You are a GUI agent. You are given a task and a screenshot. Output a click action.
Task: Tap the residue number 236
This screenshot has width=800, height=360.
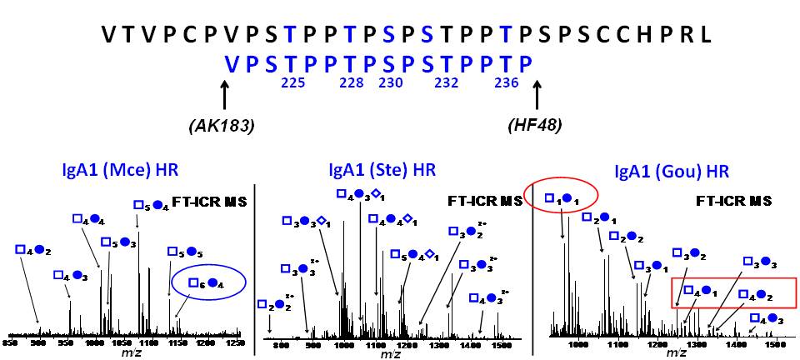pos(507,83)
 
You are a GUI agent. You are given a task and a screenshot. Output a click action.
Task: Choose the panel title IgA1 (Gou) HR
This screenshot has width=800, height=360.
pos(672,172)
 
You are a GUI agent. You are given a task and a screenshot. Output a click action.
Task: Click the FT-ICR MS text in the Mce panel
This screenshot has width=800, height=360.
pos(207,201)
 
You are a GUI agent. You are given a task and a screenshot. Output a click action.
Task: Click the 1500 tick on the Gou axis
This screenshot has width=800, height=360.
pos(774,342)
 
